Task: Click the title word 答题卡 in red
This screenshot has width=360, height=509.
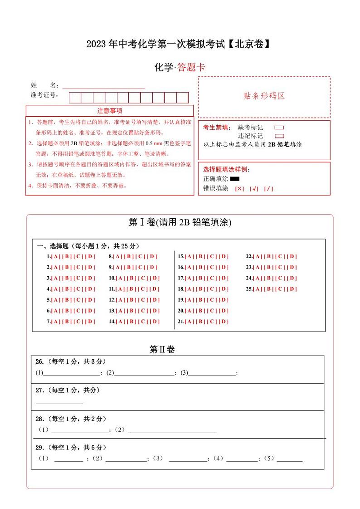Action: click(x=191, y=68)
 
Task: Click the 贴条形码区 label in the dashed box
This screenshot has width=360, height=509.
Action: click(x=264, y=96)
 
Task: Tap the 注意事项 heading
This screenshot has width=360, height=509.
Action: click(x=109, y=111)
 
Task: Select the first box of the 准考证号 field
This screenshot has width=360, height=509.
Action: click(x=75, y=98)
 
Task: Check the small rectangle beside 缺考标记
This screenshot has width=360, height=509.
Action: click(x=279, y=127)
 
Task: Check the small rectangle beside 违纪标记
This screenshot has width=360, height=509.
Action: click(x=279, y=136)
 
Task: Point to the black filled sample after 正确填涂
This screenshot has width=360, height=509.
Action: click(x=234, y=179)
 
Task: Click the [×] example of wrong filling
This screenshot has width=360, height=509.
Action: click(x=239, y=189)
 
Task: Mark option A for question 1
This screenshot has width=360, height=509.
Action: click(x=56, y=256)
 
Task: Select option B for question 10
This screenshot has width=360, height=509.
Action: click(x=132, y=278)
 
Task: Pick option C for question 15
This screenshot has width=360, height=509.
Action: click(x=213, y=256)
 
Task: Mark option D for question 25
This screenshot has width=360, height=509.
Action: click(x=292, y=289)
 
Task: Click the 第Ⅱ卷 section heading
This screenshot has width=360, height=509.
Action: click(x=162, y=349)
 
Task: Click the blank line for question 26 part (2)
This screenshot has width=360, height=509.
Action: click(x=145, y=374)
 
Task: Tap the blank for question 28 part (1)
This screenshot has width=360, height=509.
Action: click(x=80, y=431)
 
